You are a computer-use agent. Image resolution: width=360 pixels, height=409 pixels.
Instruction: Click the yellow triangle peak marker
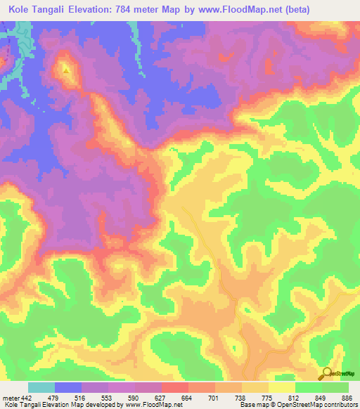(66, 70)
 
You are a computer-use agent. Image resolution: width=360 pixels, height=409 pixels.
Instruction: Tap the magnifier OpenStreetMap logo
(326, 373)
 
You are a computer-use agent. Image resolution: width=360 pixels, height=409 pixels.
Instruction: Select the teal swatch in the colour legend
(41, 387)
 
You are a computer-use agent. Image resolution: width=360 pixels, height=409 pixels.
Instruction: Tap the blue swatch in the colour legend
(68, 387)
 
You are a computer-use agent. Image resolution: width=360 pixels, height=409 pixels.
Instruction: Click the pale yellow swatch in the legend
(281, 387)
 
